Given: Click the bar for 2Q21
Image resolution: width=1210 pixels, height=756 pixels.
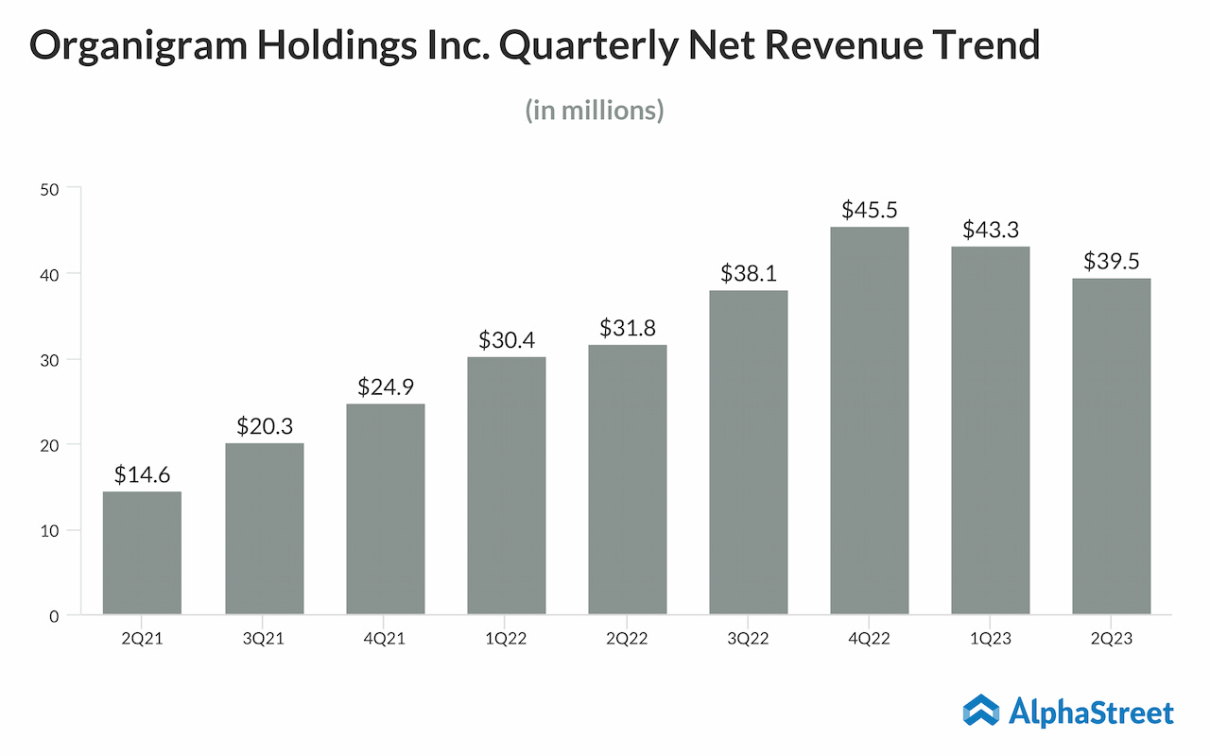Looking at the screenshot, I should point(142,553).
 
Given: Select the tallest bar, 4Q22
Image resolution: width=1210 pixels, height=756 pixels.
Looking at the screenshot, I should point(869,421).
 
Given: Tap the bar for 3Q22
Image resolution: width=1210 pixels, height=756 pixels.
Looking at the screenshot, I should point(748,453).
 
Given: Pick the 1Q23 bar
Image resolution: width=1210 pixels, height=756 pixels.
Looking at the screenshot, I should point(990,431).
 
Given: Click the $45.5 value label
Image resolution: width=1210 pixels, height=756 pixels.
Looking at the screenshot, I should point(869,210).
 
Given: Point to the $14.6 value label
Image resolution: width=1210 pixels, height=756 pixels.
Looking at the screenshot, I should point(142,474).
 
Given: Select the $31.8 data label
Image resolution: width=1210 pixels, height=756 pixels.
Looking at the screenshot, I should point(627,328).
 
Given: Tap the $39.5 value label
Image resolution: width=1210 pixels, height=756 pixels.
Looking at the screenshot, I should point(1111,261).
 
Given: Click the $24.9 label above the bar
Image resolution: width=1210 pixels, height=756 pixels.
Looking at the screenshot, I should point(385,387).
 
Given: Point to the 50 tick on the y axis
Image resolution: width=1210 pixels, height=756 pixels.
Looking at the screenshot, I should point(49,189).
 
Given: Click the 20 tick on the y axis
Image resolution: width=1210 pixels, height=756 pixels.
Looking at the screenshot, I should point(49,445).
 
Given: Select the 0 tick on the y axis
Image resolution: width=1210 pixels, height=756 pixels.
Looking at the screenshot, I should point(54,616).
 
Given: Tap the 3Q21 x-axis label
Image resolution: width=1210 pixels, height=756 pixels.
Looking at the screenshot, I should point(264,640).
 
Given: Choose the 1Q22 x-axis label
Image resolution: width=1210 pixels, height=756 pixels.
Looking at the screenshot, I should point(506,640).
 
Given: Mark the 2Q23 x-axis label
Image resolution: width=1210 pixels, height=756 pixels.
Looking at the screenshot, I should point(1111,640).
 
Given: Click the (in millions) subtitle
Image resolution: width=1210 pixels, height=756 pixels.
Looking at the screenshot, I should point(595,111).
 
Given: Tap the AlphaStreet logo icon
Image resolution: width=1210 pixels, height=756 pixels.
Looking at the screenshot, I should point(981,712).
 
